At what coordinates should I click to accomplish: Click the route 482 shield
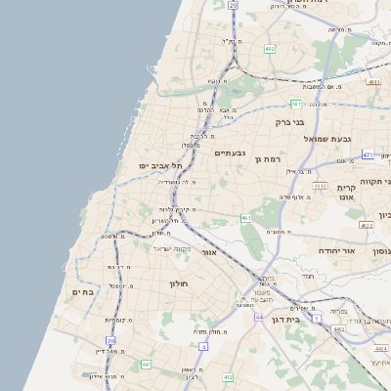pos(269,48)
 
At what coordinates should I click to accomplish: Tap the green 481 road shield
pos(295,102)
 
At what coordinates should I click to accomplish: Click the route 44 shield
pos(259,318)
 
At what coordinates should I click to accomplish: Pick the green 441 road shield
pos(145,364)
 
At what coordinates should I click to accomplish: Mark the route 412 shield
pos(227,376)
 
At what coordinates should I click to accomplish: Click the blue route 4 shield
pos(202,345)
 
